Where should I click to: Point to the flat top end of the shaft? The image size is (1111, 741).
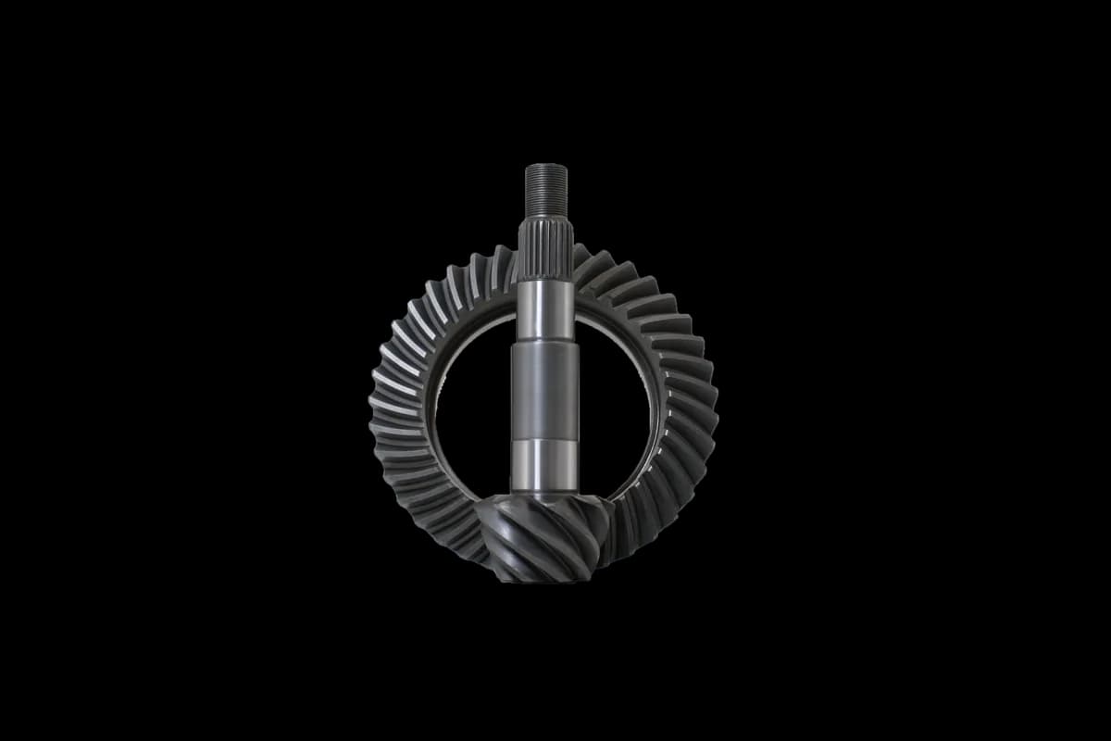pos(546,166)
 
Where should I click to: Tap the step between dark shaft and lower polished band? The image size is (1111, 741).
pos(545,440)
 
